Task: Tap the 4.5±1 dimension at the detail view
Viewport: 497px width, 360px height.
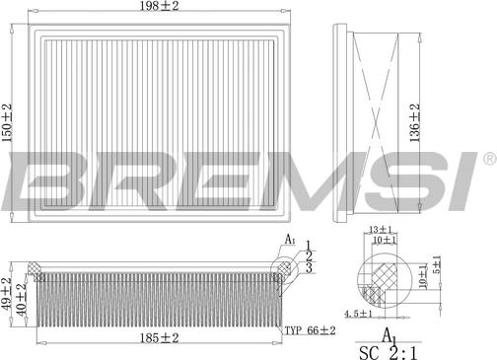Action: pos(357,314)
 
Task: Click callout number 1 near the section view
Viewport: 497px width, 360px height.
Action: pos(308,244)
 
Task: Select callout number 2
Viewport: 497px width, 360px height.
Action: pos(308,255)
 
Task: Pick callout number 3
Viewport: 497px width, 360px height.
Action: pos(308,267)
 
